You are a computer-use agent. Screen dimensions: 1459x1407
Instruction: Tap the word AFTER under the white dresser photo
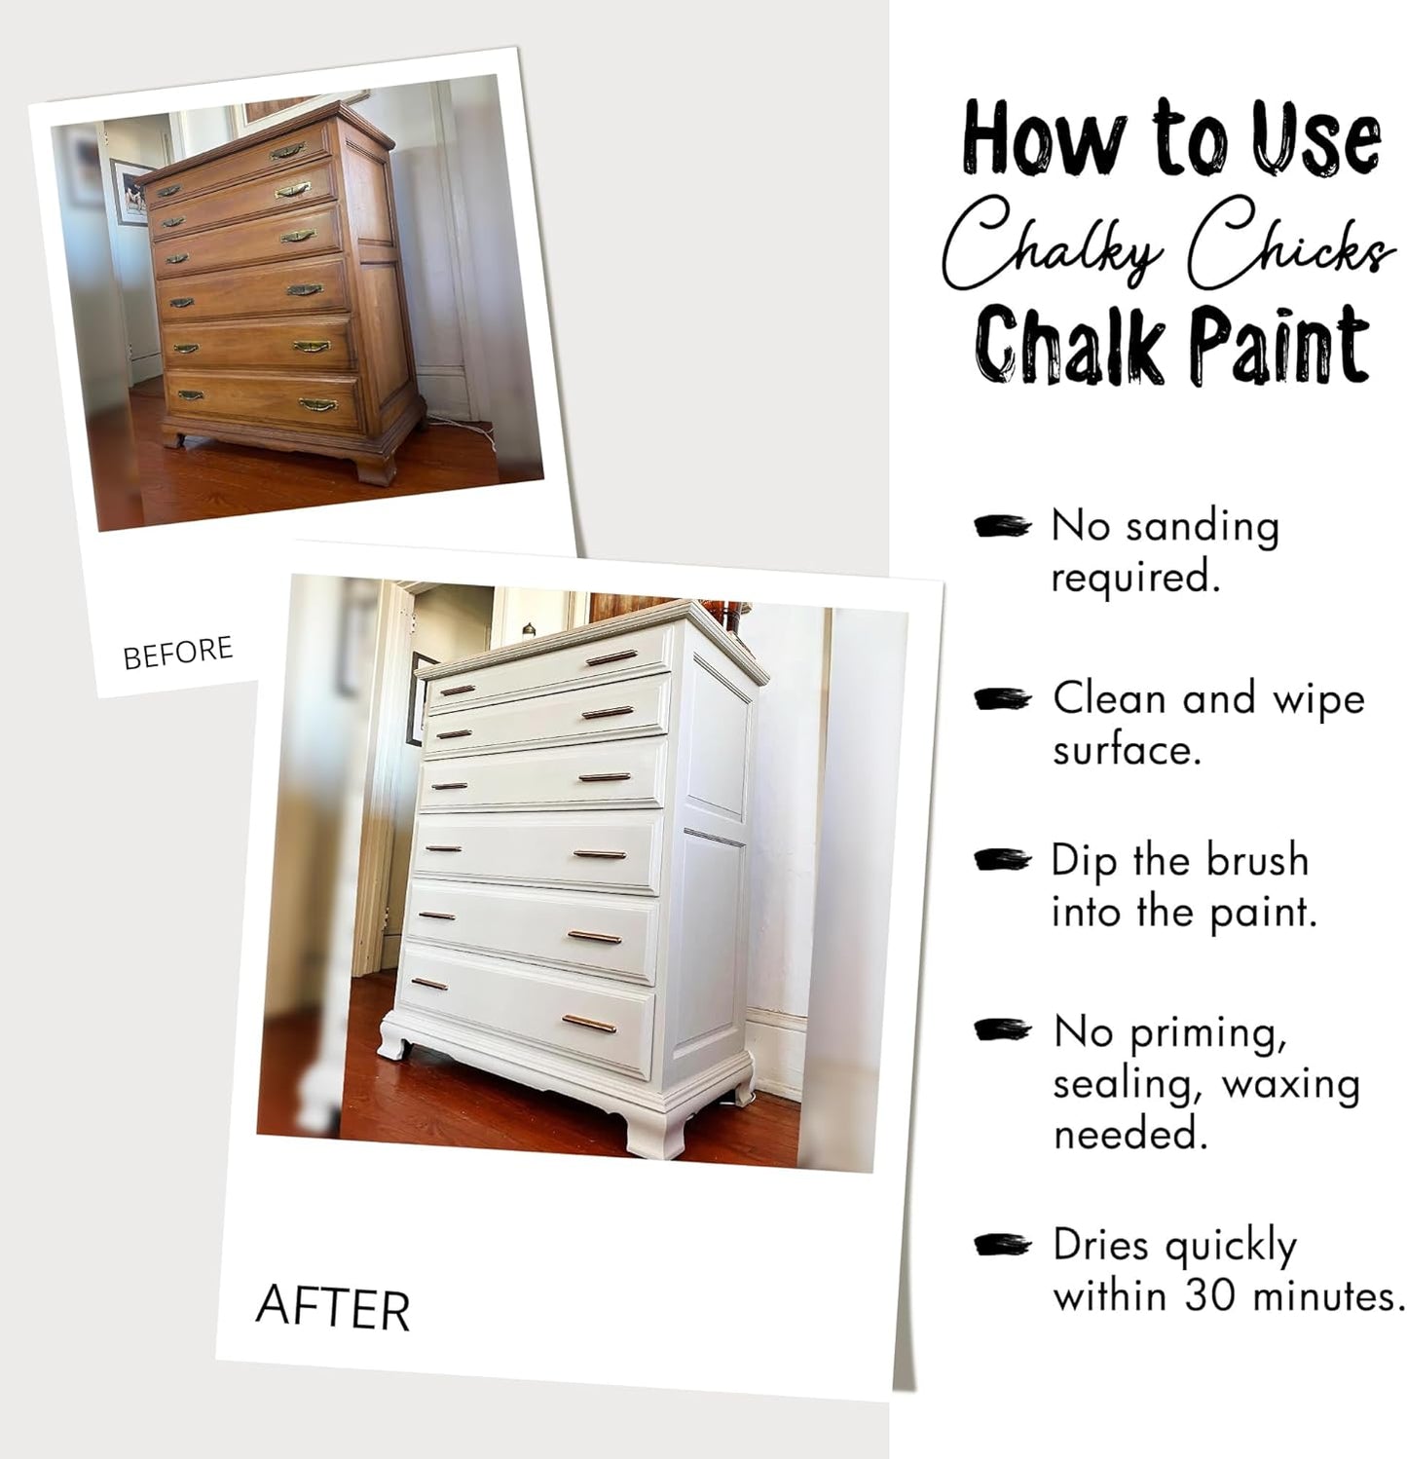(x=332, y=1307)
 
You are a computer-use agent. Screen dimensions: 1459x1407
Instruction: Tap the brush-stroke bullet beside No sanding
(x=1002, y=527)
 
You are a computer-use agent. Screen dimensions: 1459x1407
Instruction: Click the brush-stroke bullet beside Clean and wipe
(x=1002, y=699)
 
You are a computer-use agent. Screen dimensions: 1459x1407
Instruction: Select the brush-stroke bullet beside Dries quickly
(x=1002, y=1245)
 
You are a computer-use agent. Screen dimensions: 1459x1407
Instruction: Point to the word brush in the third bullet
(x=1257, y=861)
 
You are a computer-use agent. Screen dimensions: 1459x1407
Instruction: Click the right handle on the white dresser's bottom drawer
(x=588, y=1023)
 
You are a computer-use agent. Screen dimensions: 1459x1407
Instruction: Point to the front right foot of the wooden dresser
(x=377, y=467)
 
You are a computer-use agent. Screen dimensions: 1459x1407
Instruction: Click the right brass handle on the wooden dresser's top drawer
(x=287, y=150)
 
